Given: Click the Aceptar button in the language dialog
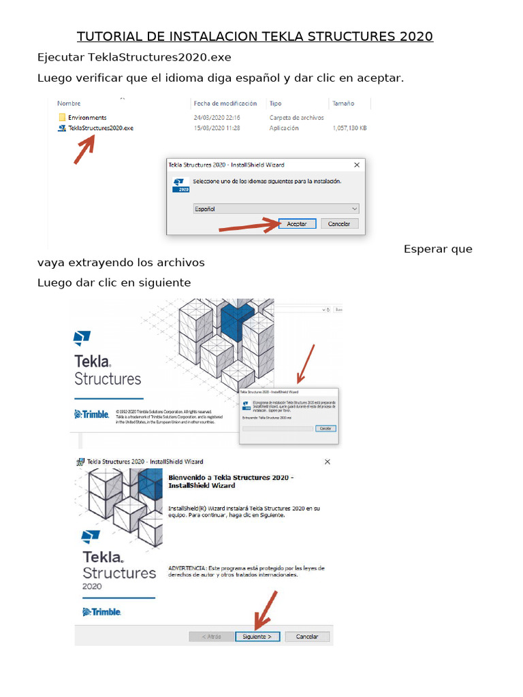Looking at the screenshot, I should pyautogui.click(x=297, y=224).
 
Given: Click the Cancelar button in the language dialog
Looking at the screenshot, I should pyautogui.click(x=339, y=224).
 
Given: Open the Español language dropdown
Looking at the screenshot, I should pyautogui.click(x=276, y=209).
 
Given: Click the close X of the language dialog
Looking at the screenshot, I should pyautogui.click(x=357, y=165).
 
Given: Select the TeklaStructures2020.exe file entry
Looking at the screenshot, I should pyautogui.click(x=101, y=128).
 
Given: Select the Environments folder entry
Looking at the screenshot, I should pyautogui.click(x=87, y=118).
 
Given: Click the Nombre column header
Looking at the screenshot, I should pyautogui.click(x=69, y=103).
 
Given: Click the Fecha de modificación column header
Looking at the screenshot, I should pyautogui.click(x=225, y=103).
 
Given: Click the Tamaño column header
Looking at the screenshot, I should pyautogui.click(x=343, y=103).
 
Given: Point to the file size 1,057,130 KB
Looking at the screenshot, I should pyautogui.click(x=349, y=128).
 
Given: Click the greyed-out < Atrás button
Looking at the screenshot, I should pyautogui.click(x=212, y=636).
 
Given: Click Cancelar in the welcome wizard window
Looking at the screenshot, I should pyautogui.click(x=307, y=636).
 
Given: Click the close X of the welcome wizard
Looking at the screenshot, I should pyautogui.click(x=327, y=461).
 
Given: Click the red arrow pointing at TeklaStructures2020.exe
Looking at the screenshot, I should pyautogui.click(x=84, y=149).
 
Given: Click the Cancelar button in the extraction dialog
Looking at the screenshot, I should pyautogui.click(x=326, y=429).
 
